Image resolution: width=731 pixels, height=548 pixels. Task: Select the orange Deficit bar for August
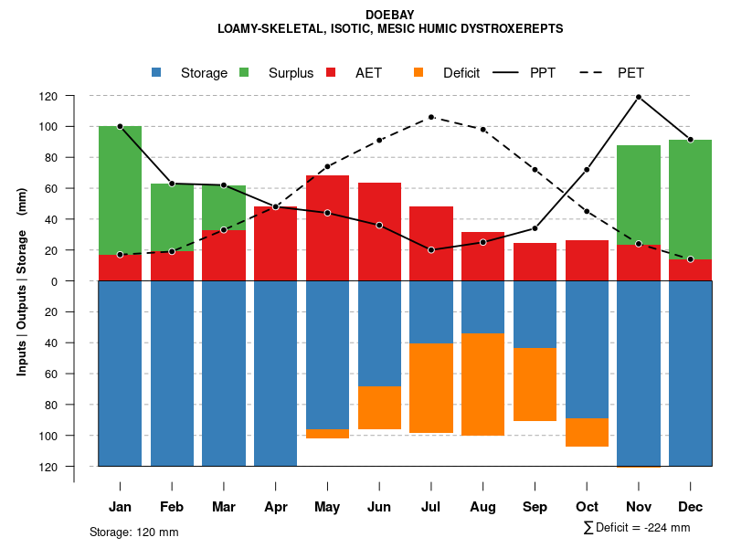(483, 385)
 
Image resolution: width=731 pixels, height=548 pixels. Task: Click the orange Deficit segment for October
(588, 432)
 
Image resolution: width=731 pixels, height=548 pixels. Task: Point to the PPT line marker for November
(639, 97)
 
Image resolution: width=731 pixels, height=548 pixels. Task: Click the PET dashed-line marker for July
(431, 117)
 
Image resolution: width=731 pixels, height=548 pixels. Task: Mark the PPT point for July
(431, 250)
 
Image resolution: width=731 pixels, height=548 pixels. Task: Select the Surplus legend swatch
(244, 73)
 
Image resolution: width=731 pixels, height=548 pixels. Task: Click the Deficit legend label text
(461, 73)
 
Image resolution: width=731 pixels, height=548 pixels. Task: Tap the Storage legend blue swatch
(156, 73)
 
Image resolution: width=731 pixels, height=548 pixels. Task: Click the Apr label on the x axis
(275, 507)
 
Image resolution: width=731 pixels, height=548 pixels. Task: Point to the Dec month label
(691, 507)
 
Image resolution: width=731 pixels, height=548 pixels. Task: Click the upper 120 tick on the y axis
(75, 96)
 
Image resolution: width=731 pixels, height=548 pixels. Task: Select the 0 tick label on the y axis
(79, 281)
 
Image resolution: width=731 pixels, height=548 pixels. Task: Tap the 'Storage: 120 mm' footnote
(134, 532)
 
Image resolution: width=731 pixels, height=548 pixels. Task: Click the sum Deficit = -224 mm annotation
(636, 528)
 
